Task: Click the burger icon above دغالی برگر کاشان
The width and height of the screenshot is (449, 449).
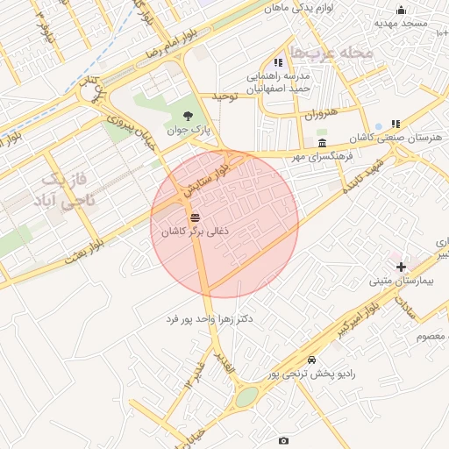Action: [194, 217]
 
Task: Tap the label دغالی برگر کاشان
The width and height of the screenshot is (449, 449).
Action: [195, 231]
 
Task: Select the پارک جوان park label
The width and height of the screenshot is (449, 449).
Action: [190, 130]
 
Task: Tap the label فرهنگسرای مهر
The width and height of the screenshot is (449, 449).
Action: [323, 156]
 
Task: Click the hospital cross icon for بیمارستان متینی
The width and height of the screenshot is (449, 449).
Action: [401, 266]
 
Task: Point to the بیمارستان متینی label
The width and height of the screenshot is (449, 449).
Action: [399, 281]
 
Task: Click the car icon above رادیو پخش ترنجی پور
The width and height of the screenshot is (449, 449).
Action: [312, 360]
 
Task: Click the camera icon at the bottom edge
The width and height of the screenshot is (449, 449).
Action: [282, 440]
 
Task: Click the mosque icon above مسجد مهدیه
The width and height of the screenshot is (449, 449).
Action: [401, 11]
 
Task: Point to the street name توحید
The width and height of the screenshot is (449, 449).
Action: [224, 96]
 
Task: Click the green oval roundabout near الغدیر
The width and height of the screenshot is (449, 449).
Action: [246, 396]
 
